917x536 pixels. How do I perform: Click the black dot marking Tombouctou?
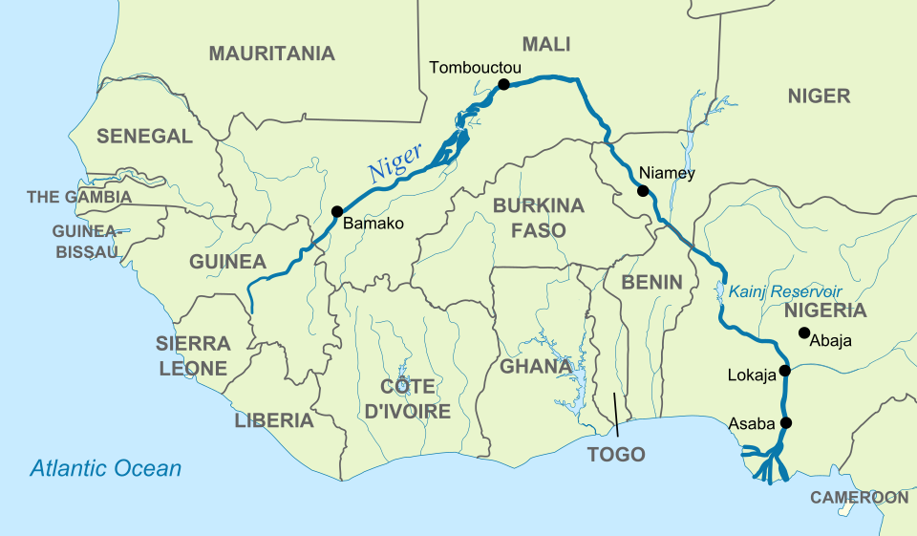pyautogui.click(x=504, y=85)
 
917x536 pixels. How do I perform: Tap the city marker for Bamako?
pyautogui.click(x=336, y=211)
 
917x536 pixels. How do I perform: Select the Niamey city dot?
pyautogui.click(x=643, y=191)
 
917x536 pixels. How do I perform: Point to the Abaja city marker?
pyautogui.click(x=803, y=332)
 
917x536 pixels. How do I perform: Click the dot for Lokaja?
pyautogui.click(x=784, y=371)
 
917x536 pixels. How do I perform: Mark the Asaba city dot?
pyautogui.click(x=786, y=422)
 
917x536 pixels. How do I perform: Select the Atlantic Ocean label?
pyautogui.click(x=105, y=468)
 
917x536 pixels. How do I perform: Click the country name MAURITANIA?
pyautogui.click(x=272, y=54)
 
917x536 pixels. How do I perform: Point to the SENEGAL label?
pyautogui.click(x=144, y=137)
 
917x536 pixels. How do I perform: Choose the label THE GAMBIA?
pyautogui.click(x=79, y=197)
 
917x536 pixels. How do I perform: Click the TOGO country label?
pyautogui.click(x=616, y=454)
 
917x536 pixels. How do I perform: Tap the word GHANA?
pyautogui.click(x=536, y=366)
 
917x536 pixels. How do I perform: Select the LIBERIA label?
pyautogui.click(x=274, y=420)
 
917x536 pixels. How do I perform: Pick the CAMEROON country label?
pyautogui.click(x=859, y=498)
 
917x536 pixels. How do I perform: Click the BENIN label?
pyautogui.click(x=651, y=282)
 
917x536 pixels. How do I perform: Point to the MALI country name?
pyautogui.click(x=545, y=44)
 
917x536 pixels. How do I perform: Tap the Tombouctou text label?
pyautogui.click(x=475, y=67)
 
